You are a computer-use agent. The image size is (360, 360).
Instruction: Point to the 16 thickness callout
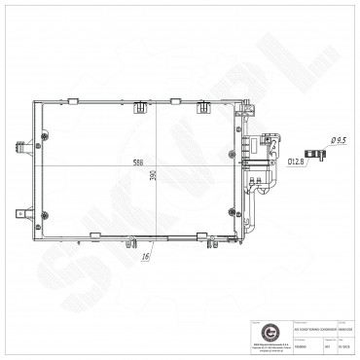pos(144,256)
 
